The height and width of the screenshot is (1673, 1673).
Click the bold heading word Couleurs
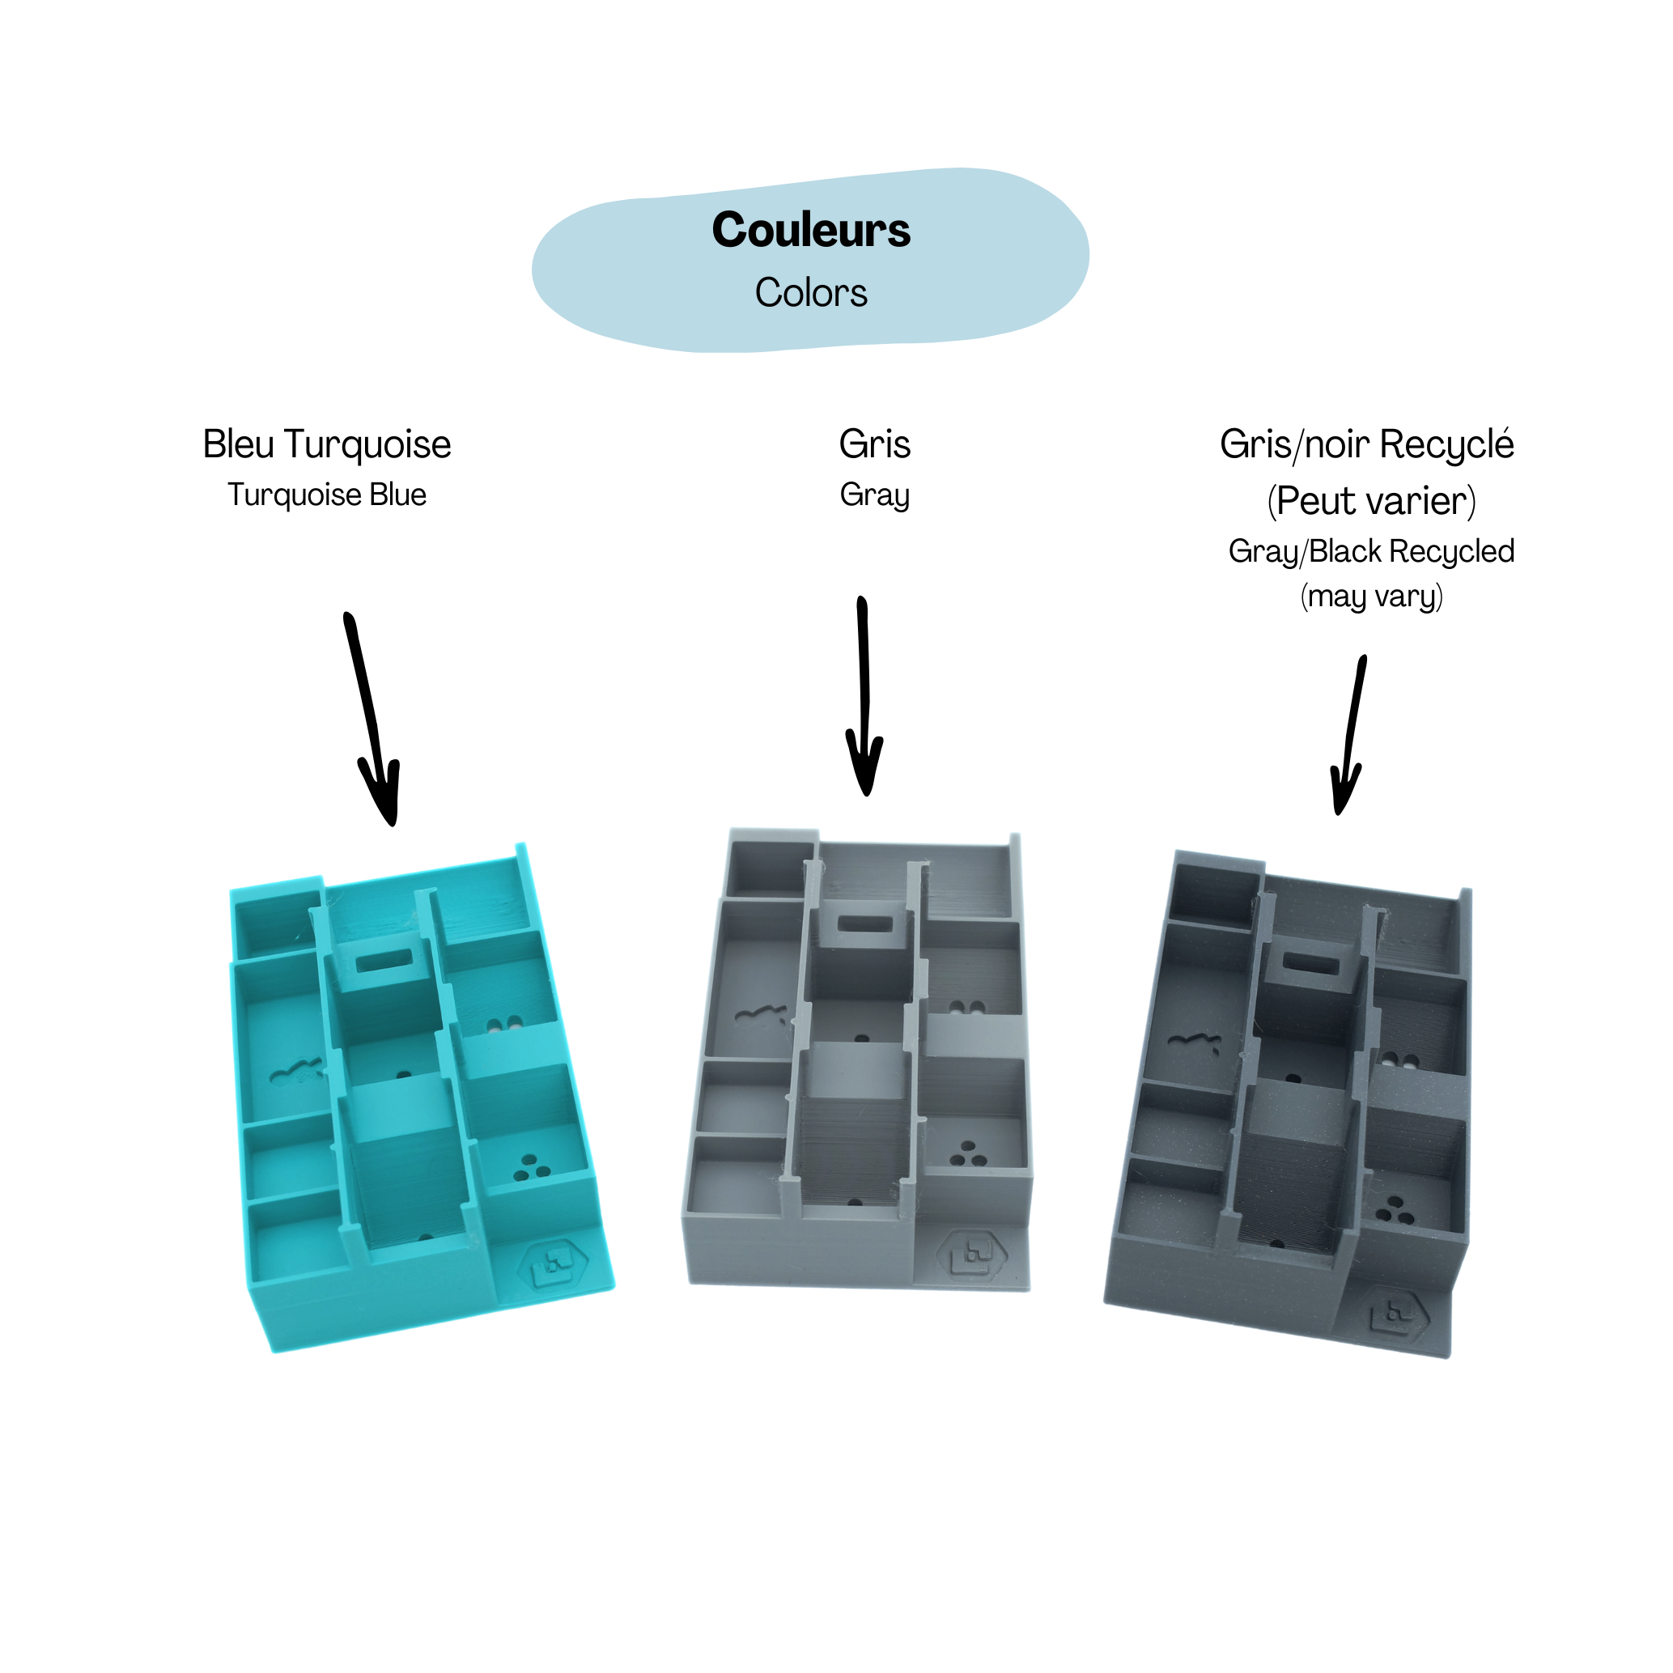[x=810, y=231]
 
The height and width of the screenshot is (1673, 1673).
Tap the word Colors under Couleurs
[x=810, y=293]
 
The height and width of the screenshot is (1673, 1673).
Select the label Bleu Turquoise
[x=326, y=444]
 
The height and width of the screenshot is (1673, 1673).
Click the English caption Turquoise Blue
[x=326, y=495]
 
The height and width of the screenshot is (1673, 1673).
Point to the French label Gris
[x=874, y=444]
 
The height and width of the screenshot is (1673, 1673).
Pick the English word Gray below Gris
[x=874, y=495]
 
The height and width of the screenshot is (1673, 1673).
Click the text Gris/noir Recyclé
[x=1366, y=444]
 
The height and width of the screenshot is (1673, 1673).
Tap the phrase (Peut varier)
[x=1371, y=500]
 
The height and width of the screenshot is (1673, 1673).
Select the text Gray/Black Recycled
[x=1371, y=550]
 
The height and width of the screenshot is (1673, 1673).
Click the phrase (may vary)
[x=1371, y=597]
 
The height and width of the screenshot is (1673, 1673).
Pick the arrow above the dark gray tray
[x=1349, y=736]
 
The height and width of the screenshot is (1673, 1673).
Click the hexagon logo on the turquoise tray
[x=554, y=1267]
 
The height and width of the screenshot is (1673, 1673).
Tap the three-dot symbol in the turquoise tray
[x=531, y=1168]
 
